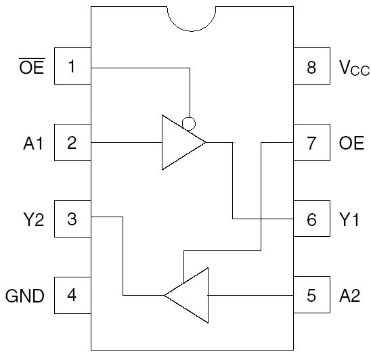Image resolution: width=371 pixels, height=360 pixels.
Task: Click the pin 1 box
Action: [72, 67]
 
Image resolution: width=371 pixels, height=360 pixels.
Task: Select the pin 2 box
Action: [72, 143]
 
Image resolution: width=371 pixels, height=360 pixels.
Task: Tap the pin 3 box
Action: [72, 219]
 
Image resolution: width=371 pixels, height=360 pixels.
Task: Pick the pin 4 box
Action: [72, 295]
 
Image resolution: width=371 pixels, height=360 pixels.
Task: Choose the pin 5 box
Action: [311, 295]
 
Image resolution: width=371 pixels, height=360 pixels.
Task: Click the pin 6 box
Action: [311, 219]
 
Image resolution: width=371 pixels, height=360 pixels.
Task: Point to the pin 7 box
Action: [311, 143]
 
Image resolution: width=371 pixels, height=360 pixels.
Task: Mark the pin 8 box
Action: [311, 67]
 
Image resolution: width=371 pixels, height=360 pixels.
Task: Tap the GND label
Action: [25, 296]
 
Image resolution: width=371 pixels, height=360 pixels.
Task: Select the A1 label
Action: [32, 143]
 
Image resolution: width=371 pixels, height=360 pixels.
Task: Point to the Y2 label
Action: [32, 219]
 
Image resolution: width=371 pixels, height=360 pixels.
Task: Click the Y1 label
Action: [349, 219]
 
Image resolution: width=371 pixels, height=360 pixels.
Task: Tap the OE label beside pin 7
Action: [351, 143]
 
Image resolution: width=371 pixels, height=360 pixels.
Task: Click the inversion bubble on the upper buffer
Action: [190, 124]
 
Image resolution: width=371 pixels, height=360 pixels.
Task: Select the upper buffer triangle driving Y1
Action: [179, 143]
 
